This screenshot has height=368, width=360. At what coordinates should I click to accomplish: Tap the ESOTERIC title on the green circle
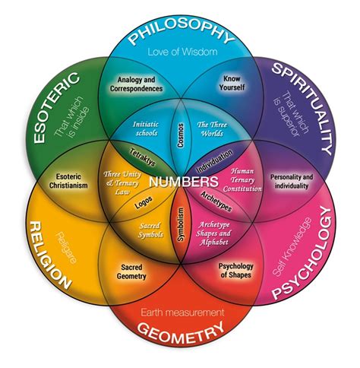point(47,113)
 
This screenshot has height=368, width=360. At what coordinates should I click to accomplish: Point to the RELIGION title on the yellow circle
point(50,255)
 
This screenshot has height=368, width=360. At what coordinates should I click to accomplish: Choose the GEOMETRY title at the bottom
point(180,331)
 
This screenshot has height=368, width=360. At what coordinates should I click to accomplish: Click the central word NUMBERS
point(180,182)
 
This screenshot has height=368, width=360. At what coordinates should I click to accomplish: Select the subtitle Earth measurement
point(180,312)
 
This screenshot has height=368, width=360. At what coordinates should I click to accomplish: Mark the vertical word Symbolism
point(181,224)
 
